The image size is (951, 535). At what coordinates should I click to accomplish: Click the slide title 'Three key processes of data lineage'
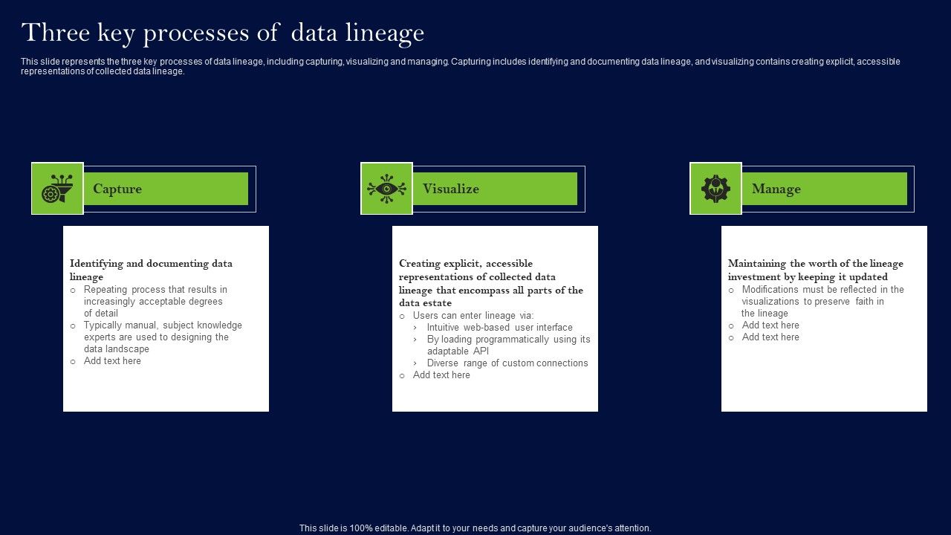point(223,33)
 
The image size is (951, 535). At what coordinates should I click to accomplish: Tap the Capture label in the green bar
point(117,189)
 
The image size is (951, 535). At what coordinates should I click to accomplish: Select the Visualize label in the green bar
point(450,189)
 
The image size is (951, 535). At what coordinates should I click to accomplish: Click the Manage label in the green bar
point(776,189)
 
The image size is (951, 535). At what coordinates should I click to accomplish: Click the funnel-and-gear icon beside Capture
point(57,189)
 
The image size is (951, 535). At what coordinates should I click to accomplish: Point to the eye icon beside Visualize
point(386,189)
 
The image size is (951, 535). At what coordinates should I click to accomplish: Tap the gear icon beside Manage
point(715,189)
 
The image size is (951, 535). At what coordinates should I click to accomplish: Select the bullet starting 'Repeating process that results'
point(155,301)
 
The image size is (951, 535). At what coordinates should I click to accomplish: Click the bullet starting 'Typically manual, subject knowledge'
point(163,337)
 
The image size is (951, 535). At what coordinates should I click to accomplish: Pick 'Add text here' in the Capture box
point(112,361)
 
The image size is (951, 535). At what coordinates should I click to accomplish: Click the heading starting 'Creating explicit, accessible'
point(490,283)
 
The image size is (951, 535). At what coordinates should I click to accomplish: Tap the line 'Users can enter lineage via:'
point(473,315)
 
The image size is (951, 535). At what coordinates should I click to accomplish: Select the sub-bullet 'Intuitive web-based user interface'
point(499,327)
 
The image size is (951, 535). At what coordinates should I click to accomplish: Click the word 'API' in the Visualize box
point(481,351)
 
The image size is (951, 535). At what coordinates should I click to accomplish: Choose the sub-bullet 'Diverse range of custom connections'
point(507,363)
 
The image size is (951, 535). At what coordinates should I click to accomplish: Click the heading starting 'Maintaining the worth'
point(815,270)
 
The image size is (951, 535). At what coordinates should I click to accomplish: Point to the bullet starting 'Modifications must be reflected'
point(822,301)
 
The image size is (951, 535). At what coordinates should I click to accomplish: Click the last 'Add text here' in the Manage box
point(770,337)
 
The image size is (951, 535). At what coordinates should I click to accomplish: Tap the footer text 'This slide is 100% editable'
point(475,528)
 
